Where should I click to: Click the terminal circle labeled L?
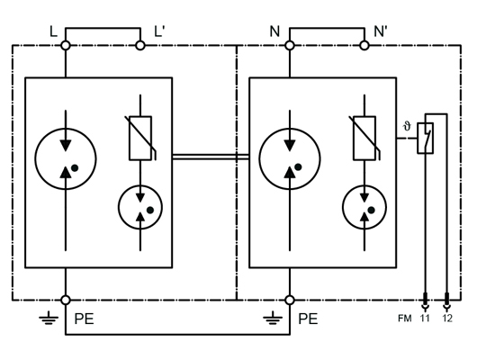pos(66,46)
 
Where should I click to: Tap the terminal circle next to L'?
pos(140,46)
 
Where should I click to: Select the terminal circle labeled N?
pos(290,46)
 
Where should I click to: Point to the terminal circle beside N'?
pos(364,46)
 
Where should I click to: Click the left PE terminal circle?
pos(66,301)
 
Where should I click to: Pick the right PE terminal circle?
pos(290,301)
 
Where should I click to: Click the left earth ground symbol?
pos(49,318)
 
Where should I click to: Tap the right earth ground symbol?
pos(273,318)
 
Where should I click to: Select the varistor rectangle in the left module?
pos(140,139)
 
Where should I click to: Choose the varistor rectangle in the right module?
pos(364,139)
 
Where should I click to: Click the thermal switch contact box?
pos(418,139)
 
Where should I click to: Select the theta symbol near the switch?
pos(407,126)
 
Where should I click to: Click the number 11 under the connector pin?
pos(425,319)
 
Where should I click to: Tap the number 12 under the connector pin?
pos(447,319)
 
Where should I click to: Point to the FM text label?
pos(405,319)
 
